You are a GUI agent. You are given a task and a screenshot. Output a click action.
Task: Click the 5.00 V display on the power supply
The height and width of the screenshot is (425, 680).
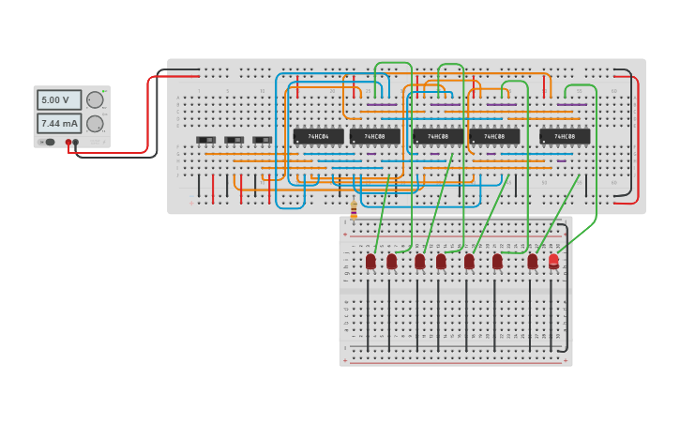pyautogui.click(x=58, y=100)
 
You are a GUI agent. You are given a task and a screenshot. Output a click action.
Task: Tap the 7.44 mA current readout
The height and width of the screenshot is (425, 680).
pyautogui.click(x=58, y=123)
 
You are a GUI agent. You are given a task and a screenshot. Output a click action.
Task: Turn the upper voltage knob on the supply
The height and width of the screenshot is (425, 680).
pyautogui.click(x=95, y=100)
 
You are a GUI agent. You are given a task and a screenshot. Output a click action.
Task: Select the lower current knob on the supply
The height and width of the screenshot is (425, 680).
pyautogui.click(x=95, y=124)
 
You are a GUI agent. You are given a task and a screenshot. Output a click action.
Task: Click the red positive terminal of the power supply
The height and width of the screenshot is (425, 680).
pyautogui.click(x=68, y=142)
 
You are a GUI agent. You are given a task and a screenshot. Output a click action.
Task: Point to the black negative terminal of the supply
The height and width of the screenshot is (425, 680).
pyautogui.click(x=76, y=142)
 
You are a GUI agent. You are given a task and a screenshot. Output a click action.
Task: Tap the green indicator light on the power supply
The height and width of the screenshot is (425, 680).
pyautogui.click(x=105, y=89)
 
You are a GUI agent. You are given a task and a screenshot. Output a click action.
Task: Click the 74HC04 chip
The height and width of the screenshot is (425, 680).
pyautogui.click(x=319, y=136)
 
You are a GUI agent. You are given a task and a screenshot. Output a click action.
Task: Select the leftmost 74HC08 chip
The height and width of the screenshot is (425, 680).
pyautogui.click(x=375, y=136)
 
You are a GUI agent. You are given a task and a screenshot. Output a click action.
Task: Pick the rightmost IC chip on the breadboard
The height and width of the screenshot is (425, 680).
pyautogui.click(x=565, y=136)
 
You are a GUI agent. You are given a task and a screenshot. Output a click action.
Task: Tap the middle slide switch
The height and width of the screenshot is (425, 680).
pyautogui.click(x=234, y=140)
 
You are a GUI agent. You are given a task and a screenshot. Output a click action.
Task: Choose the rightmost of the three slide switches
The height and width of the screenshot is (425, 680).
pyautogui.click(x=262, y=140)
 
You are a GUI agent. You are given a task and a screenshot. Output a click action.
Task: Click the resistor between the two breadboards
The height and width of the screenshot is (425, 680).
pyautogui.click(x=354, y=211)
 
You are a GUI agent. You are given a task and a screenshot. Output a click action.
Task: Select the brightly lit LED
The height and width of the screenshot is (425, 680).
pyautogui.click(x=553, y=260)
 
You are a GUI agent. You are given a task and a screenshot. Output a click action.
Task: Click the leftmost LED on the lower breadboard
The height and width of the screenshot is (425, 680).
pyautogui.click(x=370, y=261)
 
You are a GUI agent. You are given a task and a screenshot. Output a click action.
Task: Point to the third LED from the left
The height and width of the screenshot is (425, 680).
pyautogui.click(x=419, y=261)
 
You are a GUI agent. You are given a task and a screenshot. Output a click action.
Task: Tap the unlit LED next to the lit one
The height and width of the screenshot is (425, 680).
pyautogui.click(x=532, y=261)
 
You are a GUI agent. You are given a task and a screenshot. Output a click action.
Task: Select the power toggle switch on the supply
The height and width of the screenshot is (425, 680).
pyautogui.click(x=50, y=142)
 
